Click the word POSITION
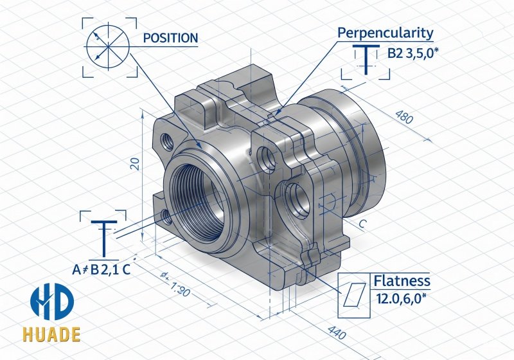coord(170,38)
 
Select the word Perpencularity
coord(385,33)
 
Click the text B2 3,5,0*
coord(412,54)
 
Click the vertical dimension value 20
coord(134,163)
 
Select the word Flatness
coord(402,282)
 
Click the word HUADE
coord(53,336)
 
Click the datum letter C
coord(363,224)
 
